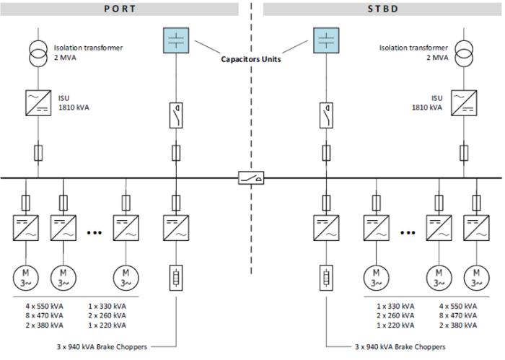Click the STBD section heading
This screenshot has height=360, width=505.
[x=382, y=9]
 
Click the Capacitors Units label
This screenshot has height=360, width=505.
[x=251, y=59]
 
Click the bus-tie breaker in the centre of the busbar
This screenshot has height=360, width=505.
[x=251, y=177]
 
